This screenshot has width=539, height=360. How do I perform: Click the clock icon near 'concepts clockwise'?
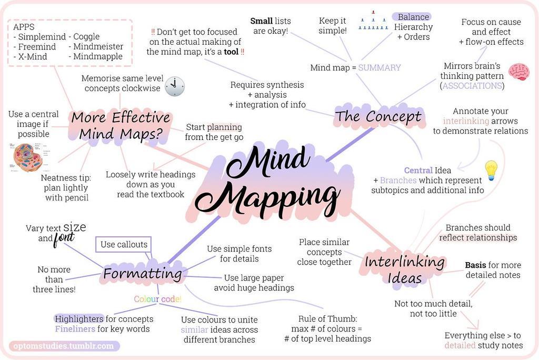pos(175,86)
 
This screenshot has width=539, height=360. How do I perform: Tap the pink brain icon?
pos(519,72)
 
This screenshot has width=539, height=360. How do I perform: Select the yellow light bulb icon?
pos(491,170)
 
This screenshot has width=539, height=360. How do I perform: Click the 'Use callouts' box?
pos(123,245)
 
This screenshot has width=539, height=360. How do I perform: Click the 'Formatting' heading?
pos(143,274)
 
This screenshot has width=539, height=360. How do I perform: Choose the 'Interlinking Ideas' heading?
pos(404,269)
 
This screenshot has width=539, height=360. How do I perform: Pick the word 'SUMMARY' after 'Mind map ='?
pos(380,68)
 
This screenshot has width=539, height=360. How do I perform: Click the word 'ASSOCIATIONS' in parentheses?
pos(472,86)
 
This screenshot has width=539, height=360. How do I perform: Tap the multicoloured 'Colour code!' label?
pos(157,299)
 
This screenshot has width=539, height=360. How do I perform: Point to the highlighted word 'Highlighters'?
pos(79,319)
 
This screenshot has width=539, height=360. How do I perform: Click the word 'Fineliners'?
pos(75,329)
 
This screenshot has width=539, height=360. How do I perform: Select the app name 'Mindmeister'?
pos(98,46)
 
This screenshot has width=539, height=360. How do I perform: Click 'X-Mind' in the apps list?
pos(32,56)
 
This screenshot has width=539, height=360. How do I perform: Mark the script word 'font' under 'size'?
pos(63,238)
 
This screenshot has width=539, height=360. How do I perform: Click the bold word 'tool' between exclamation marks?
pos(231,52)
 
